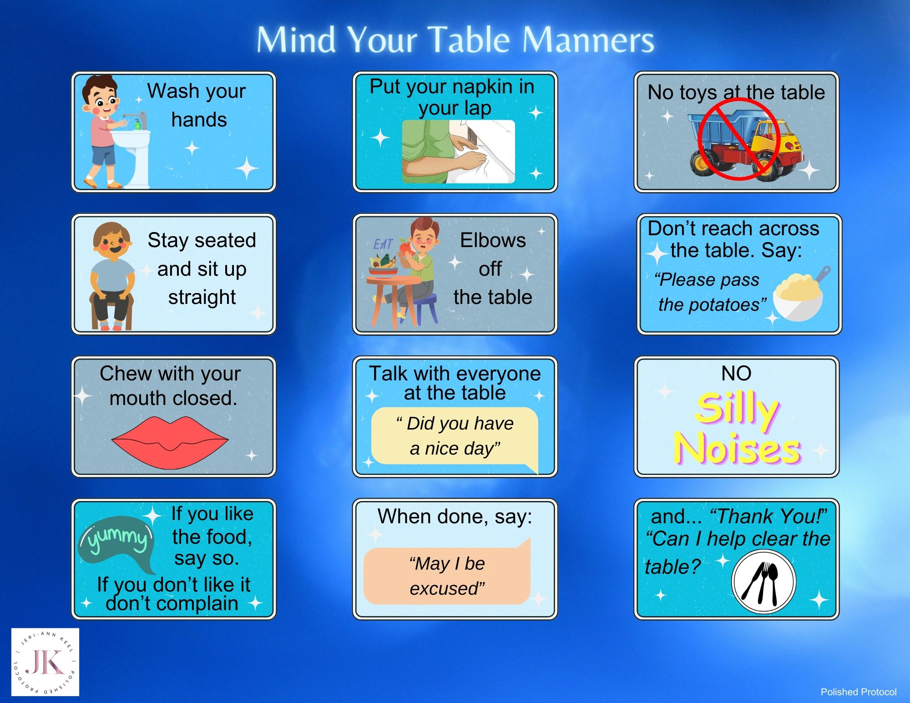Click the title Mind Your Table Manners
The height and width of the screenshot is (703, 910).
point(455,40)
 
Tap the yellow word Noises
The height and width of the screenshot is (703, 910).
point(737,448)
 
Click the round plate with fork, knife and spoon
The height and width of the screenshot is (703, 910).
point(763,582)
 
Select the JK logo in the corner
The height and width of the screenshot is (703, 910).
point(45,662)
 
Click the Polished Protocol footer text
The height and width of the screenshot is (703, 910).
point(858,692)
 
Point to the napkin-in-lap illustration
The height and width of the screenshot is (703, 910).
point(458,152)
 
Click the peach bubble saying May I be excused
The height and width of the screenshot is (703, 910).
point(447,576)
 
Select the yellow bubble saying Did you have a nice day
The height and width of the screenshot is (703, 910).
point(455,436)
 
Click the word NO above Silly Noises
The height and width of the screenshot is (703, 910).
point(736,373)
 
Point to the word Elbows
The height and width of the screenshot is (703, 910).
point(493,240)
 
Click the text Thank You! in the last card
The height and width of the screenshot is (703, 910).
point(769,516)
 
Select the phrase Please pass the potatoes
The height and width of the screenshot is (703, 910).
point(710,292)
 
